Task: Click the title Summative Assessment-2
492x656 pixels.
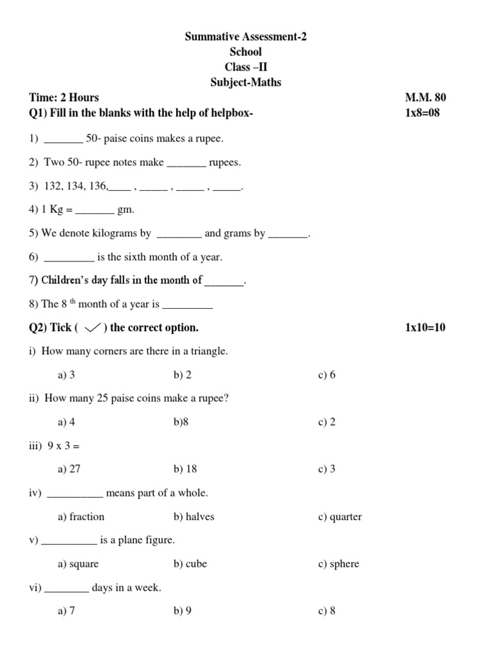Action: tap(246, 37)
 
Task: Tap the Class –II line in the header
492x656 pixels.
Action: tap(246, 67)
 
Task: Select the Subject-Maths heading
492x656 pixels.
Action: tap(246, 83)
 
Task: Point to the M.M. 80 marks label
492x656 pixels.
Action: tap(425, 98)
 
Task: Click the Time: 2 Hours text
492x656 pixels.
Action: tap(64, 98)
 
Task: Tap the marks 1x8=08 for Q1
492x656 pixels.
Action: tap(423, 113)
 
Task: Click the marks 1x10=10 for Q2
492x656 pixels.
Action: tap(425, 328)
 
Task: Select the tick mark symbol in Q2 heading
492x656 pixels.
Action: tap(94, 328)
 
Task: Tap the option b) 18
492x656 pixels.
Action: tap(185, 469)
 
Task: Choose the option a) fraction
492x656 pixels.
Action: tap(81, 516)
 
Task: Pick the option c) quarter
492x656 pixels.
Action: tap(340, 516)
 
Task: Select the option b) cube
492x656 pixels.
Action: tap(190, 564)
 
